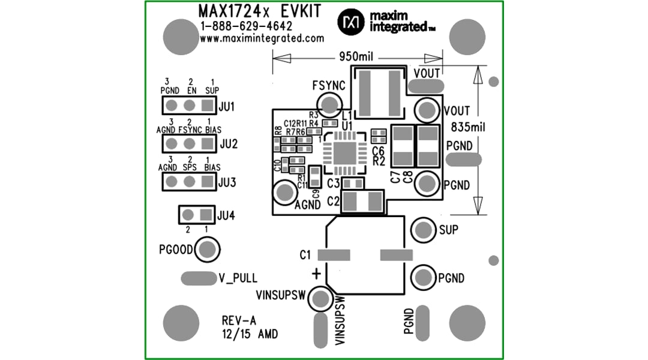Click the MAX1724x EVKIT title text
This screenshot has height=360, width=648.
(259, 11)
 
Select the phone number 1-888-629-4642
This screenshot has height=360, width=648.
(247, 26)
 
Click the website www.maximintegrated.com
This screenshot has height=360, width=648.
(262, 38)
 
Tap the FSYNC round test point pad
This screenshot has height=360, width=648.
(329, 106)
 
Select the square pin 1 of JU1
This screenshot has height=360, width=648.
(208, 106)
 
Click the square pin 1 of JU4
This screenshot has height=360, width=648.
(205, 214)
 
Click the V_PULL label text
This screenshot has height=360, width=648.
(238, 278)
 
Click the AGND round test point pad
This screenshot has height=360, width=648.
(283, 193)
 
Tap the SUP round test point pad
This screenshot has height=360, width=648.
(422, 229)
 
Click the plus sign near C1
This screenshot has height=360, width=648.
(316, 274)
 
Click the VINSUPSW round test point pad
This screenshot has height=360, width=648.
(322, 298)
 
